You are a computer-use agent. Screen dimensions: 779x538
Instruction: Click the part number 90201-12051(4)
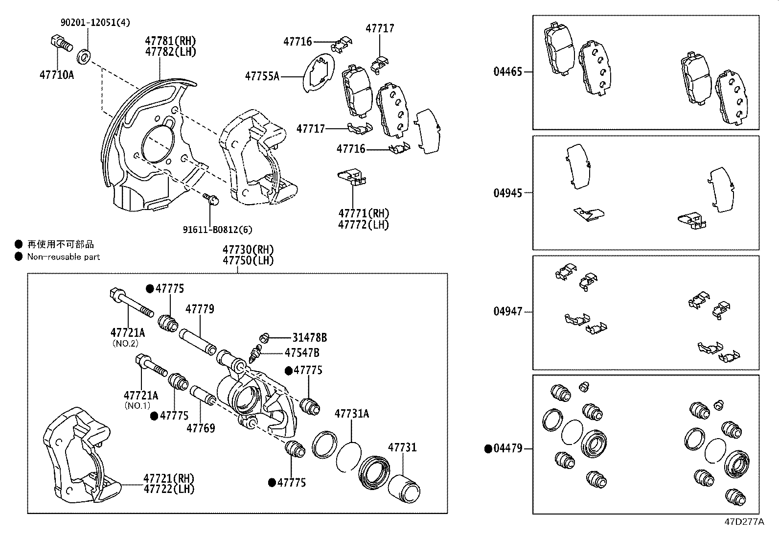click(95, 23)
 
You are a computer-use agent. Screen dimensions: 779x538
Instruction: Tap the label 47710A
click(57, 75)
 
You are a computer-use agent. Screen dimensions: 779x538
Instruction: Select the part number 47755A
click(262, 76)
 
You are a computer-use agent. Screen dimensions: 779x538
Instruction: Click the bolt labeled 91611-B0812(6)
click(211, 199)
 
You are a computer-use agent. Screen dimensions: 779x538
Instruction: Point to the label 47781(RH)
click(170, 41)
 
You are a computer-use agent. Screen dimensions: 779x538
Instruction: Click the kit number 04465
click(508, 71)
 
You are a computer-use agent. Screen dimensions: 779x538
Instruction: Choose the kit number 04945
click(508, 193)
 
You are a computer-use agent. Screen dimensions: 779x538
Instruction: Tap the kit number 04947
click(508, 311)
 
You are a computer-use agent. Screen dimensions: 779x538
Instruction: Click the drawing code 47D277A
click(744, 522)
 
